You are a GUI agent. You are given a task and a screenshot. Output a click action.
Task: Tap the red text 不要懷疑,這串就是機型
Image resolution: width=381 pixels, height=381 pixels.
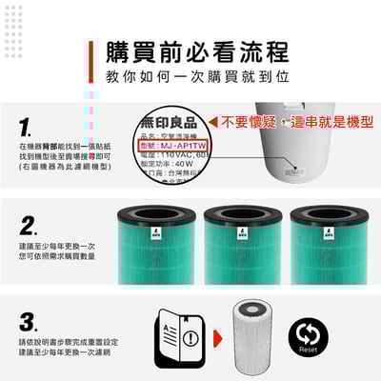coord(297,123)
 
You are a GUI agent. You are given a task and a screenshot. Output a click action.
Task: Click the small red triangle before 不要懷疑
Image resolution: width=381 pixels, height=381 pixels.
coord(214,123)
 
